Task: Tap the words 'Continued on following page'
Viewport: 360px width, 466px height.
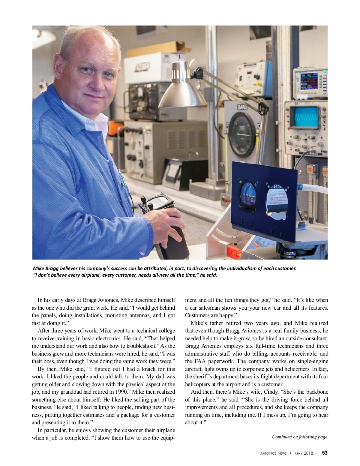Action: point(299,437)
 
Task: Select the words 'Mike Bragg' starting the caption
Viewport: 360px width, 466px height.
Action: point(45,268)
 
